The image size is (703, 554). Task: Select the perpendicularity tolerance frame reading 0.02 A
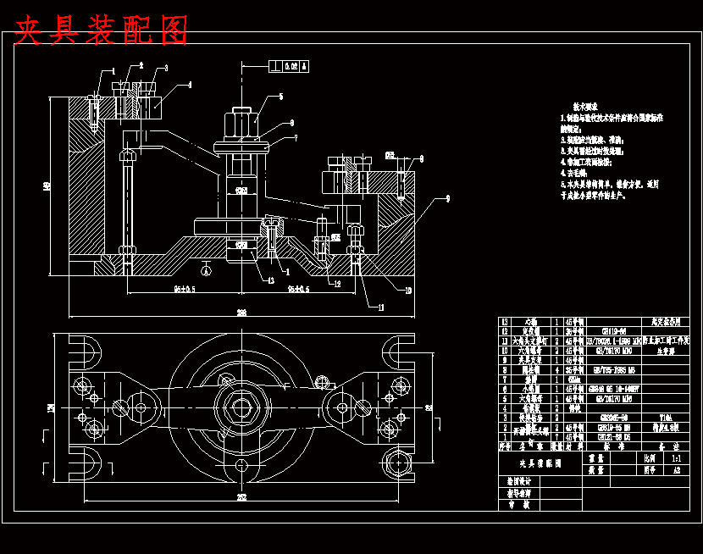click(288, 65)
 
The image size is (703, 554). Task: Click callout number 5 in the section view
click(280, 97)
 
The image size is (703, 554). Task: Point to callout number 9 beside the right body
click(446, 197)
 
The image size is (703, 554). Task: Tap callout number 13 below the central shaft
click(270, 280)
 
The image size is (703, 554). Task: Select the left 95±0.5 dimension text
click(184, 289)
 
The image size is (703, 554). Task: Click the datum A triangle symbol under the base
click(206, 270)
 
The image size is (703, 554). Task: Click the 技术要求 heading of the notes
click(584, 107)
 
